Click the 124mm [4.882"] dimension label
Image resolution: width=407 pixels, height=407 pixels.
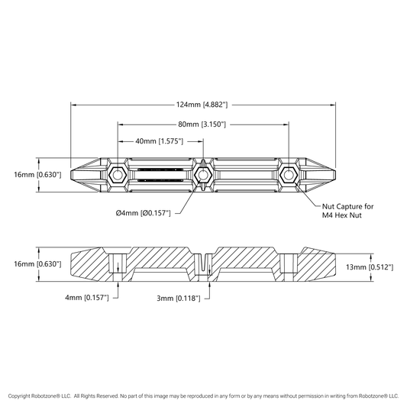tap(202, 105)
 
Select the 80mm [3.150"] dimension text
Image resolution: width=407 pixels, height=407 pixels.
tap(202, 124)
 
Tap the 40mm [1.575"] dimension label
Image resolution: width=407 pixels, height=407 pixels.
tap(159, 141)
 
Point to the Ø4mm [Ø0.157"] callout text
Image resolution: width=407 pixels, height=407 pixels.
tap(144, 213)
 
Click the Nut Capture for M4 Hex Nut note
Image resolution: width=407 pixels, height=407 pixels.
tap(347, 211)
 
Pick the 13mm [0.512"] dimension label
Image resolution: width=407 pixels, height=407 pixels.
tap(370, 266)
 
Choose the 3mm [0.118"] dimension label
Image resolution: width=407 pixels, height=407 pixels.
tap(179, 299)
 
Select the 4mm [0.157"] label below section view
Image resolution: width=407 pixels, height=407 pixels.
tap(87, 298)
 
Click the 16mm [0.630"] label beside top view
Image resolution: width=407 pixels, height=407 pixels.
tap(37, 174)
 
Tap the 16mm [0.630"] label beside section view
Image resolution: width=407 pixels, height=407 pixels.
tap(37, 264)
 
